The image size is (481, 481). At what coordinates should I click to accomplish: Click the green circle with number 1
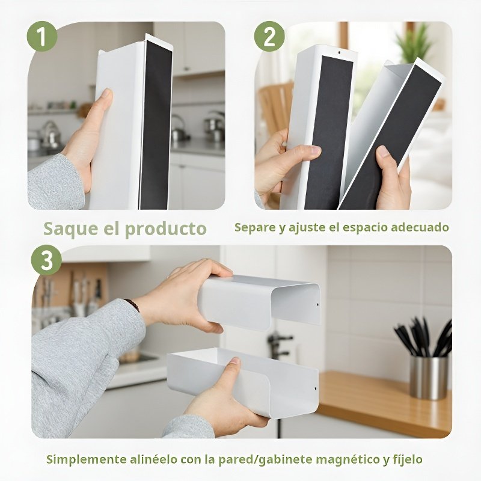[x=42, y=37]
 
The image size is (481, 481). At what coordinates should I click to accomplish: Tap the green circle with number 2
[x=269, y=37]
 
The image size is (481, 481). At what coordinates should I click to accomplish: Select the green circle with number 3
[x=46, y=261]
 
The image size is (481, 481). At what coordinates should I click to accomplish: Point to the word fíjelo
[x=406, y=459]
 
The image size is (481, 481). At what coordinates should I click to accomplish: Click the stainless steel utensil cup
[x=429, y=377]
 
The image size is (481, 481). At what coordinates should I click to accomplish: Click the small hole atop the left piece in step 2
[x=339, y=53]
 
